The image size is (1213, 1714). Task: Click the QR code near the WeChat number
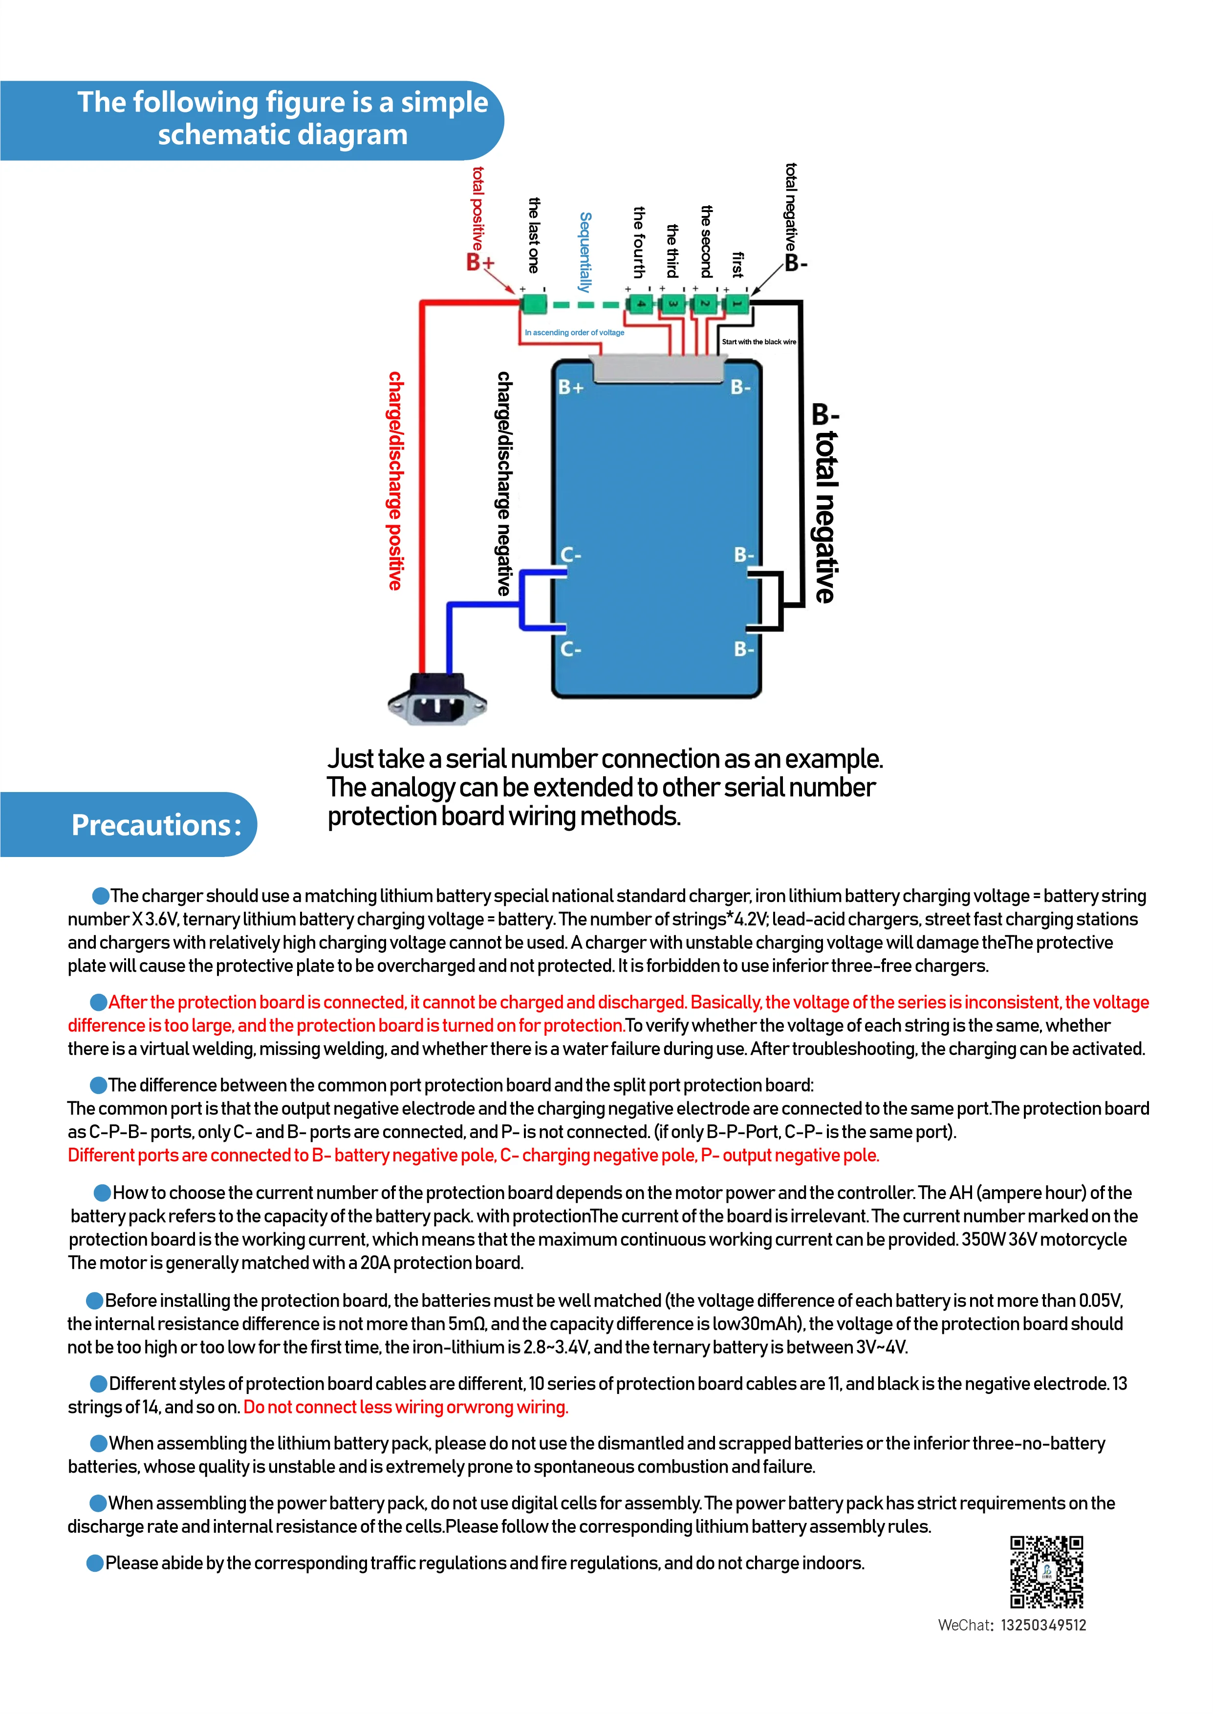pos(1046,1571)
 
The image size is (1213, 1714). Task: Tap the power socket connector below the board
pos(438,700)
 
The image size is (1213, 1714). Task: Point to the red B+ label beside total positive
pos(480,263)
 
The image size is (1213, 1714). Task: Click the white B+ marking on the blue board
pos(571,386)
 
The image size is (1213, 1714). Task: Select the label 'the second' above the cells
pos(706,241)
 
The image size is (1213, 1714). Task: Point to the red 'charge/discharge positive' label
pos(395,481)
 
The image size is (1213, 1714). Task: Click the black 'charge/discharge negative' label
pos(504,484)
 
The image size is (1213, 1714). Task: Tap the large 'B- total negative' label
pos(824,503)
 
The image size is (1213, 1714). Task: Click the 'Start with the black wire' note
pos(758,342)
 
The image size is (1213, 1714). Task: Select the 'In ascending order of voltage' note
pos(574,333)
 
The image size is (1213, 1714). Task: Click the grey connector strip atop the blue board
pos(657,368)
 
